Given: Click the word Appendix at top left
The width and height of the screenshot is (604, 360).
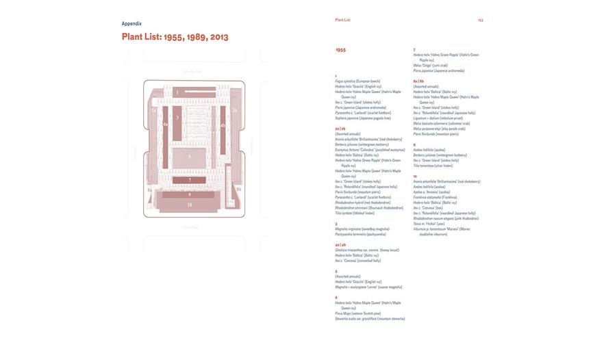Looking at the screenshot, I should (131, 24).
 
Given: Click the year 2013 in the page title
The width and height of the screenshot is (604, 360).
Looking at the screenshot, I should (219, 37).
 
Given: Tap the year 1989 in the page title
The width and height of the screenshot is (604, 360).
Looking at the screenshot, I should (197, 37).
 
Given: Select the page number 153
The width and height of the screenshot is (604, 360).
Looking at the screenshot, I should (480, 21).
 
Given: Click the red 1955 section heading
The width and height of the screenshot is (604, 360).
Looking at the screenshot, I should (340, 50).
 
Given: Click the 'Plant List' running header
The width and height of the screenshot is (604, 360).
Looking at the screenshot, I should (342, 20).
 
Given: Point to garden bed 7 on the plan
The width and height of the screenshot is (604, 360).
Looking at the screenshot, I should (190, 180).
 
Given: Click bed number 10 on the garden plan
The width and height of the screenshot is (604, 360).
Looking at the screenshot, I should (190, 205).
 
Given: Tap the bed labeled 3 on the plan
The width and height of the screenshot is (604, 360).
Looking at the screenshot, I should (177, 118).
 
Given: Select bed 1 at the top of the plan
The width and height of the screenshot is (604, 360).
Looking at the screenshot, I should (177, 92).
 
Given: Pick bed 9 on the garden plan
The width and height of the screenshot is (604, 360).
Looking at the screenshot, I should (190, 194).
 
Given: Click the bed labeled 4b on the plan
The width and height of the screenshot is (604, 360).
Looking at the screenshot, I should (223, 125).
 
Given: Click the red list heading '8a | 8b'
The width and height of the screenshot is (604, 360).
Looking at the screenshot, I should (418, 81).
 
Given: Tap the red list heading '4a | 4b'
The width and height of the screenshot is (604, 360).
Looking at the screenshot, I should (340, 244).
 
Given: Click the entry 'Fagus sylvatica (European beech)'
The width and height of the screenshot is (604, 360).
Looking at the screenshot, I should (357, 81).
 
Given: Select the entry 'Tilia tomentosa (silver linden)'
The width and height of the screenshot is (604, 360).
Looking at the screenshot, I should (433, 166).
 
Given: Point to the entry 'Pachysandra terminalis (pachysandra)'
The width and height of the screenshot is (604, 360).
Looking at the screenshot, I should (360, 234).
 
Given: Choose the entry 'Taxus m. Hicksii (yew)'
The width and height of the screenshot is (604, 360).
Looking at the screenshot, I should (429, 224).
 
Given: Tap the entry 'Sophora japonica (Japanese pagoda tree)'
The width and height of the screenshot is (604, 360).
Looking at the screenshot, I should (363, 118).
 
